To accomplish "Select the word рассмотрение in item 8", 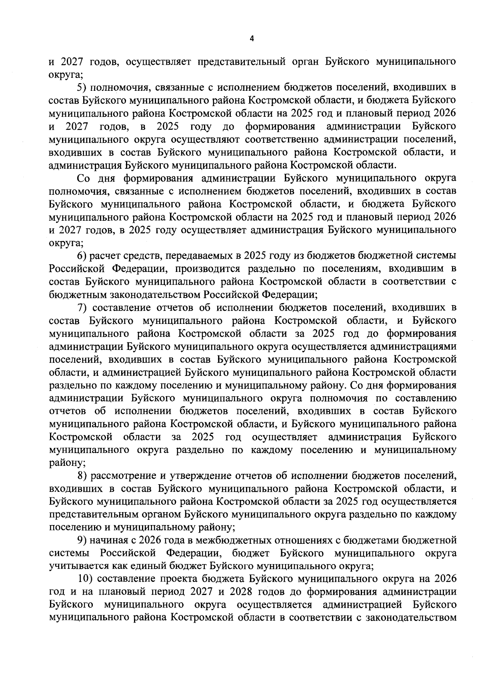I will (122, 476).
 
